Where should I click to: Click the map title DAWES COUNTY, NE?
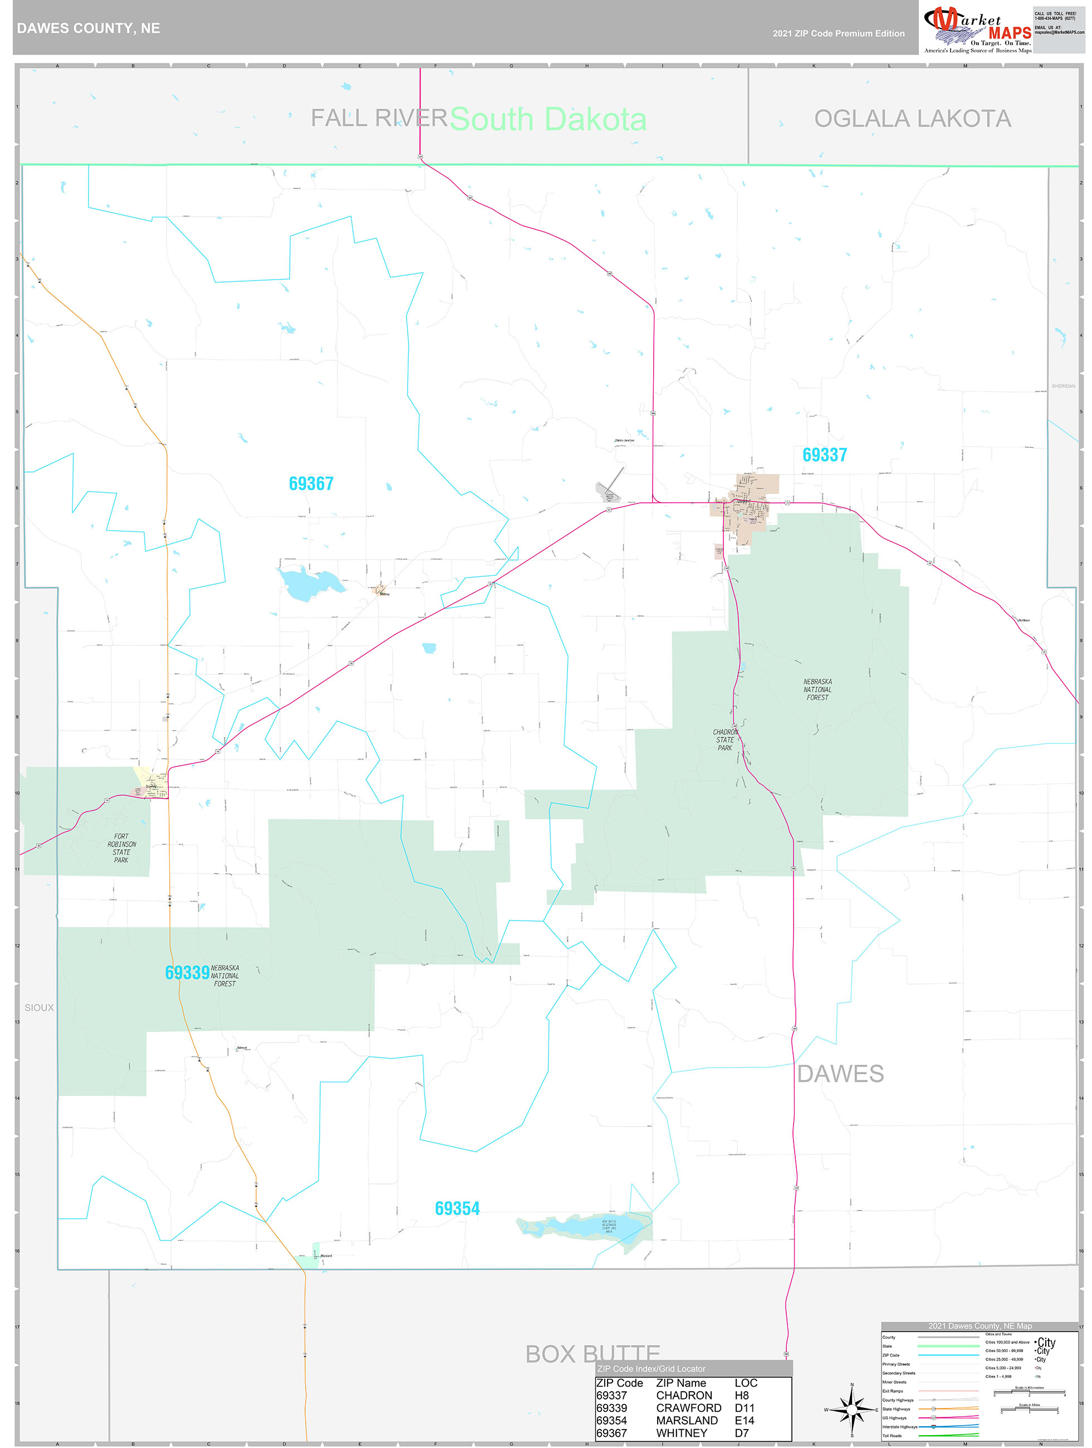pyautogui.click(x=89, y=28)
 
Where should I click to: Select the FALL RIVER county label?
pyautogui.click(x=379, y=119)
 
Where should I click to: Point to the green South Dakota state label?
pyautogui.click(x=548, y=120)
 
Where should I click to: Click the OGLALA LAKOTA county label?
pyautogui.click(x=912, y=119)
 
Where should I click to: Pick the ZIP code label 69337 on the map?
pyautogui.click(x=824, y=455)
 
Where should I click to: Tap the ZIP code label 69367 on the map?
pyautogui.click(x=311, y=484)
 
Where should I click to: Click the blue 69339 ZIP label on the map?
pyautogui.click(x=187, y=973)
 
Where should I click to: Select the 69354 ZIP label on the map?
pyautogui.click(x=457, y=1209)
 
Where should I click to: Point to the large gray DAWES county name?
pyautogui.click(x=840, y=1074)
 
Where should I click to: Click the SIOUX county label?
pyautogui.click(x=40, y=1007)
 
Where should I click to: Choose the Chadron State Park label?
pyautogui.click(x=724, y=740)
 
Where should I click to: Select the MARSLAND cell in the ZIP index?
pyautogui.click(x=686, y=1420)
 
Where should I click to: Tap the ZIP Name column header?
pyautogui.click(x=681, y=1382)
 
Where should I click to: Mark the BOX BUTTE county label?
pyautogui.click(x=592, y=1353)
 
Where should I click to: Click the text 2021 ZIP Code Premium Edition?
pyautogui.click(x=838, y=33)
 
